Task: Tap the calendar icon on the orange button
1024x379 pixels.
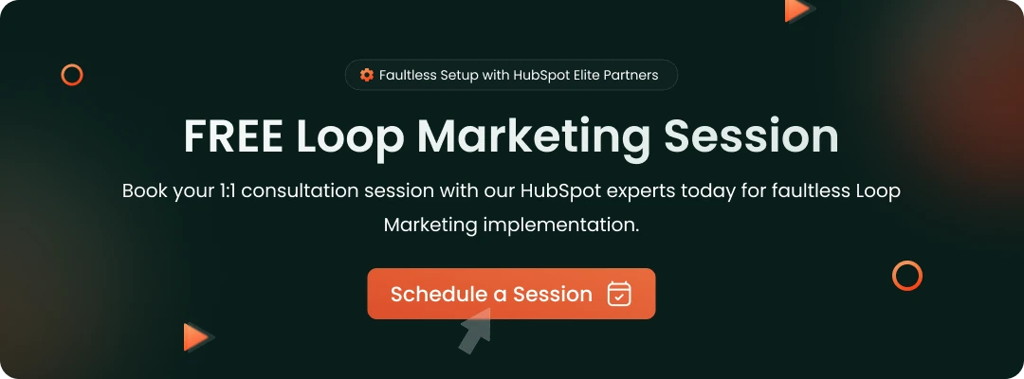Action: pyautogui.click(x=619, y=294)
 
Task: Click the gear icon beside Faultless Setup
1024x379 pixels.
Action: pyautogui.click(x=367, y=75)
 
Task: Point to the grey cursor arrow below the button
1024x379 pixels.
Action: pyautogui.click(x=475, y=334)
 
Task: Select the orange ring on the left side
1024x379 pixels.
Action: pyautogui.click(x=72, y=75)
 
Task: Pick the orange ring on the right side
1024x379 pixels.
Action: pyautogui.click(x=907, y=276)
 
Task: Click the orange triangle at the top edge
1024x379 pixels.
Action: pyautogui.click(x=797, y=9)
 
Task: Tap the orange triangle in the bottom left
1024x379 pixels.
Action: pyautogui.click(x=196, y=336)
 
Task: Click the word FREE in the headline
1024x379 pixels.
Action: pyautogui.click(x=233, y=136)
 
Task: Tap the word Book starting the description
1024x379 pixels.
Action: pyautogui.click(x=143, y=190)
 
